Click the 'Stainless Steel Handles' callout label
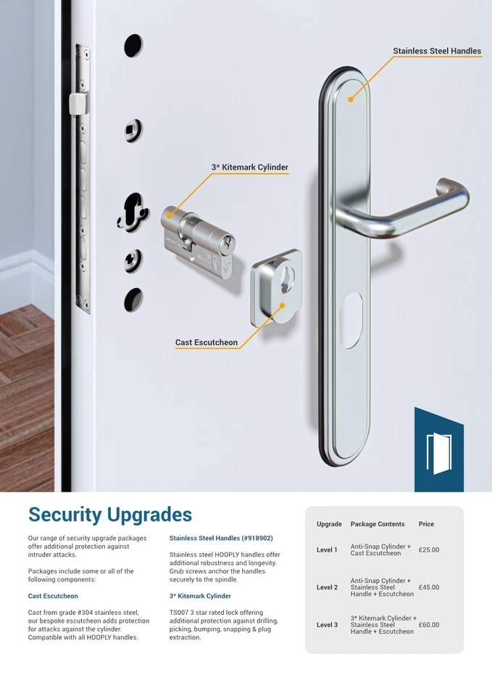pos(436,51)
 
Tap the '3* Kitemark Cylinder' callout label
pos(250,167)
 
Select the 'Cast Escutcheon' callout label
pos(206,342)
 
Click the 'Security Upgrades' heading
pos(110,515)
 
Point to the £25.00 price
pos(429,550)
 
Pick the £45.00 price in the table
pos(429,588)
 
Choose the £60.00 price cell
pos(429,625)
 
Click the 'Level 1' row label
pos(327,550)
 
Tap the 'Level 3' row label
pos(327,625)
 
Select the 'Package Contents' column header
pos(378,524)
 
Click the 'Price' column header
pos(426,524)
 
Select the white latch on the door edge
pos(73,103)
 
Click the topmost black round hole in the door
pos(133,46)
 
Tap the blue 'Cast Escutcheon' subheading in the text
pos(53,597)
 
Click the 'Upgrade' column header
pos(329,524)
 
